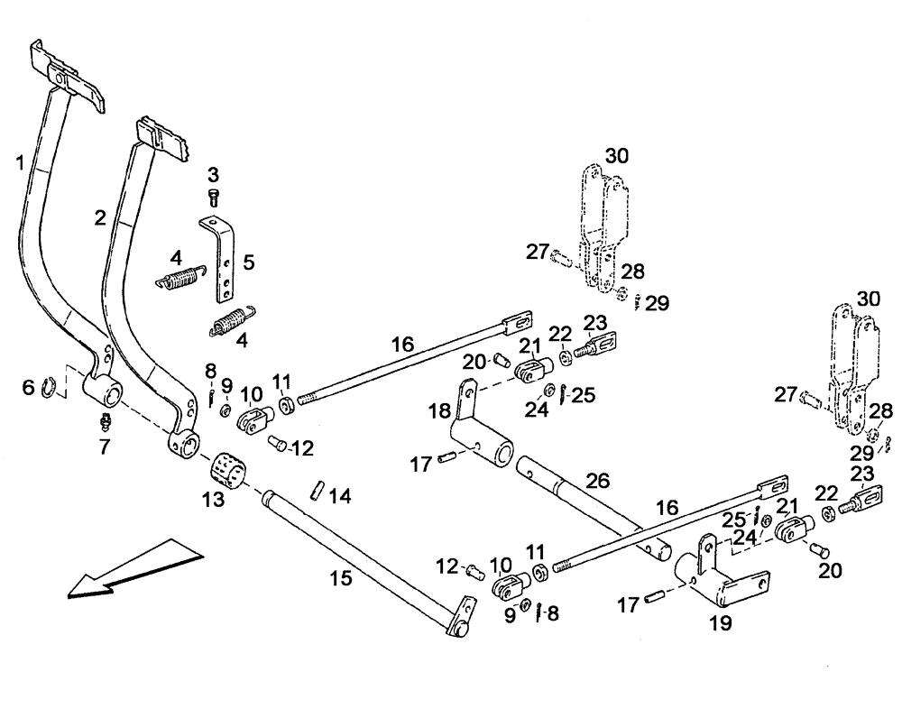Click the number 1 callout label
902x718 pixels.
[20, 162]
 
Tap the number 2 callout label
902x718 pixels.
[100, 216]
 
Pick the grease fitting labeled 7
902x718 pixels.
[106, 420]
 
